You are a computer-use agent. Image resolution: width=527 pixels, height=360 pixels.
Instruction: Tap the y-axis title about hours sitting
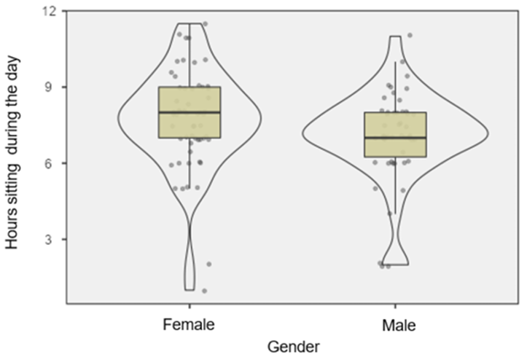point(14,156)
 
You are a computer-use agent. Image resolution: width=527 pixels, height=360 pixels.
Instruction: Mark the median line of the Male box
point(395,138)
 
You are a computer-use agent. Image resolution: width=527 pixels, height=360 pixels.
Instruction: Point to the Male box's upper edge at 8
point(395,112)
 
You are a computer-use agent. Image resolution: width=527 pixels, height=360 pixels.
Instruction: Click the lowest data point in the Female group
point(204,291)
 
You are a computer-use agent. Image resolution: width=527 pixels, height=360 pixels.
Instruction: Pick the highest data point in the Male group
point(410,35)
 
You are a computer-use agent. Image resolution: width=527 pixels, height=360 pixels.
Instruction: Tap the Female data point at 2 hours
point(208,264)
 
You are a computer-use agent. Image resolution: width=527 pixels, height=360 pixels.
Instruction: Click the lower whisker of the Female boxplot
point(189,164)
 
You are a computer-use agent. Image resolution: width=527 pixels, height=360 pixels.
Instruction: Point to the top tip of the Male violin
point(395,36)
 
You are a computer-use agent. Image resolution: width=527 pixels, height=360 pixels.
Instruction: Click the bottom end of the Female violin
point(189,289)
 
